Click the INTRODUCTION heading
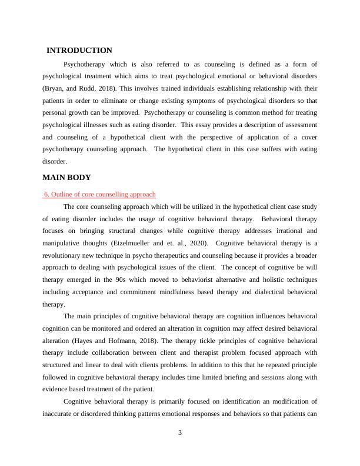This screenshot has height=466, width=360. coord(79,51)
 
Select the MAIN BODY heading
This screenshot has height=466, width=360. coord(67,177)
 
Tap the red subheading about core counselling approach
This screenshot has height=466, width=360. coord(99,194)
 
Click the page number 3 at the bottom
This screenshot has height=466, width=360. coord(180,434)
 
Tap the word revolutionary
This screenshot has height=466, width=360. coord(64,255)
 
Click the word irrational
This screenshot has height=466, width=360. coord(284,231)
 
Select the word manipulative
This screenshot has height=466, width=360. coord(62,243)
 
